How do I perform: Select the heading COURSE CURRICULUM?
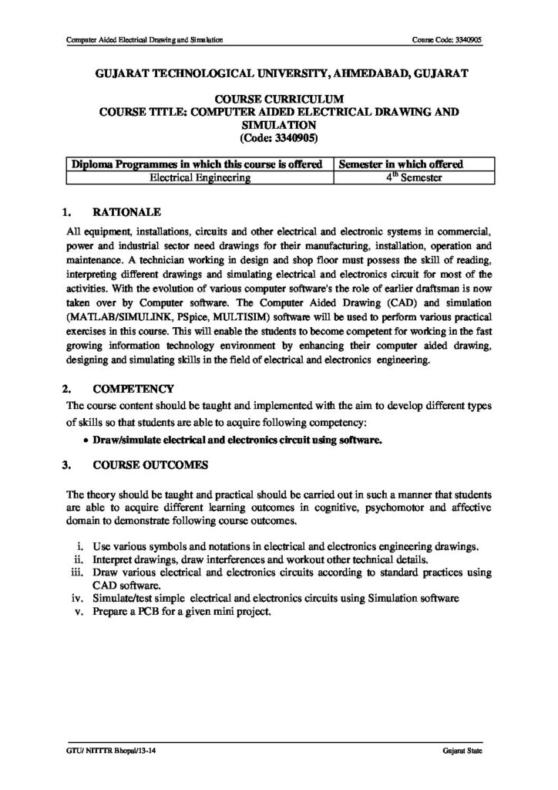coord(277,100)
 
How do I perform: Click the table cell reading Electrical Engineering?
coord(200,177)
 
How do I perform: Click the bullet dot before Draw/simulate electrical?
coord(85,441)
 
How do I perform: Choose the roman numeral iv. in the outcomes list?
coord(77,597)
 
